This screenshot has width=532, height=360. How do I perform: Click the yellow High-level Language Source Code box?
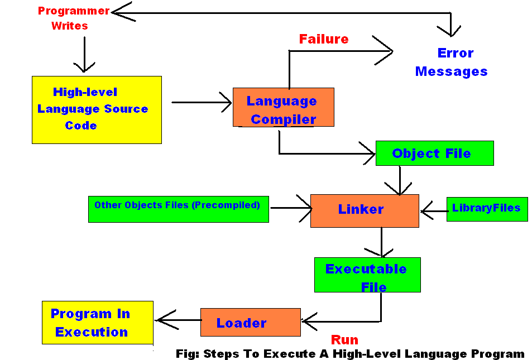point(97,110)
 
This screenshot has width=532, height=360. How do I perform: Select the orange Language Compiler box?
point(283,107)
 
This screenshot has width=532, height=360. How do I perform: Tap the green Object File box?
point(434,153)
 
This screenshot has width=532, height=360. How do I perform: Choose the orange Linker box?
point(365,210)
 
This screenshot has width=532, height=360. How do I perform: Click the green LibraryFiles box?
point(487,209)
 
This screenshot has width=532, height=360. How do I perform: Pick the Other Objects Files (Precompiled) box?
point(178,209)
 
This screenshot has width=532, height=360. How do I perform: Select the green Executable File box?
point(367,275)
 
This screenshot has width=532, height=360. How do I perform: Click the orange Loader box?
point(250,323)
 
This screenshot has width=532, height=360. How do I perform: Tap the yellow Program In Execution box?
point(97,323)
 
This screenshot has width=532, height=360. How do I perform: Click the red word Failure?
point(324,39)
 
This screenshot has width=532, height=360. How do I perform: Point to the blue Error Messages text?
point(452,63)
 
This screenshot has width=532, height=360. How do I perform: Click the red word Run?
point(344,340)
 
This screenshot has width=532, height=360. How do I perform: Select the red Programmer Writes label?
point(73,18)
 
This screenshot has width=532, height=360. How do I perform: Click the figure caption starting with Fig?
point(350,354)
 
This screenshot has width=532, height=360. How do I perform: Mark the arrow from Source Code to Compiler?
point(201,102)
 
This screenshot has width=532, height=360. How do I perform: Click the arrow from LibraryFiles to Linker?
point(434,212)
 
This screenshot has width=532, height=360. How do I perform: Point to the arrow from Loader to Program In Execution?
point(179,320)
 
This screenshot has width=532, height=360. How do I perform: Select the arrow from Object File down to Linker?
point(400,180)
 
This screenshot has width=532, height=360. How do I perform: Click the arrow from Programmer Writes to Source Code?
point(84,55)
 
